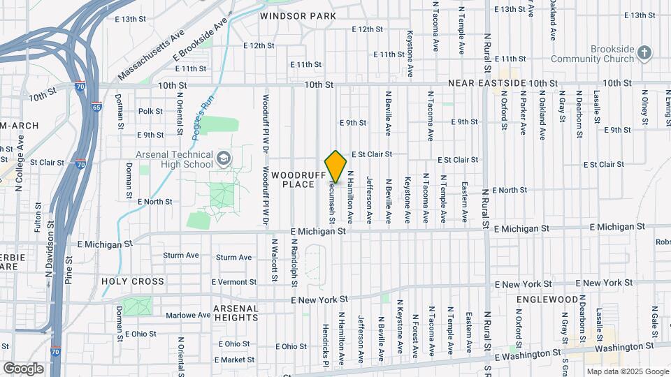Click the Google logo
23,368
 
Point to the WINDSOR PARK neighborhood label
298,15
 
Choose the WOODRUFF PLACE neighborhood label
301,179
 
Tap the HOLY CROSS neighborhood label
133,282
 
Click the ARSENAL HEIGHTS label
236,313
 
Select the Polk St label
150,111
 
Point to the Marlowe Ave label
188,316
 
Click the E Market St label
234,360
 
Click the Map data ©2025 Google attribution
627,371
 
